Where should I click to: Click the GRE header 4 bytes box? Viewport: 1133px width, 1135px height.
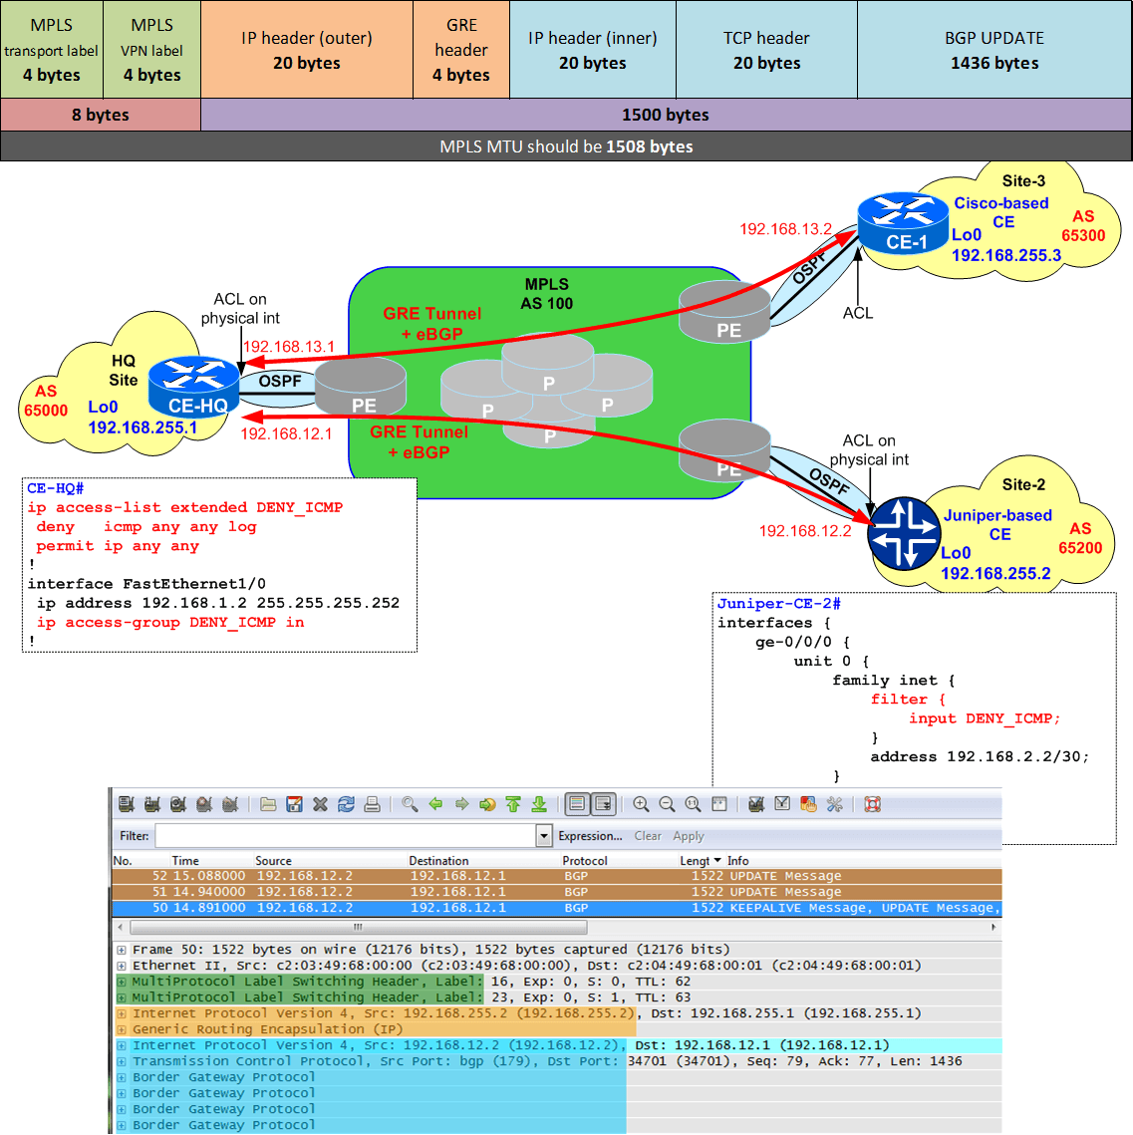[460, 50]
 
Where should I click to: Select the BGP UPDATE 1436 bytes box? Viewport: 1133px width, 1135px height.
[993, 50]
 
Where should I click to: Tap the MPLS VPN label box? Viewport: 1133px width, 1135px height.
[151, 50]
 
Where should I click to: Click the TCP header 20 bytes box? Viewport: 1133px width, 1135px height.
[766, 50]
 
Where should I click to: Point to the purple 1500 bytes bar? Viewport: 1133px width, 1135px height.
[665, 115]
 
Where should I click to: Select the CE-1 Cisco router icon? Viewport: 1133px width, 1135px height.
[903, 222]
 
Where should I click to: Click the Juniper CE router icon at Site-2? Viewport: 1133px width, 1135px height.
[904, 533]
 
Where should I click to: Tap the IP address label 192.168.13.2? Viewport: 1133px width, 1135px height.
[785, 229]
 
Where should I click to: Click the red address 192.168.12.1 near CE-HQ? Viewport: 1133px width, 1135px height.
[286, 433]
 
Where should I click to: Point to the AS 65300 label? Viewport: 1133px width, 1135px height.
[1082, 226]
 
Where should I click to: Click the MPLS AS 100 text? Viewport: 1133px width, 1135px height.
[546, 294]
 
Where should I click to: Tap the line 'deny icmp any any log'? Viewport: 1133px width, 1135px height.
[146, 526]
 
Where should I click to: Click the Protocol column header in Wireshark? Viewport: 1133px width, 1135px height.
[584, 861]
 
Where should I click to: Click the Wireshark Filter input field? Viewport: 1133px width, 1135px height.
[345, 836]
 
